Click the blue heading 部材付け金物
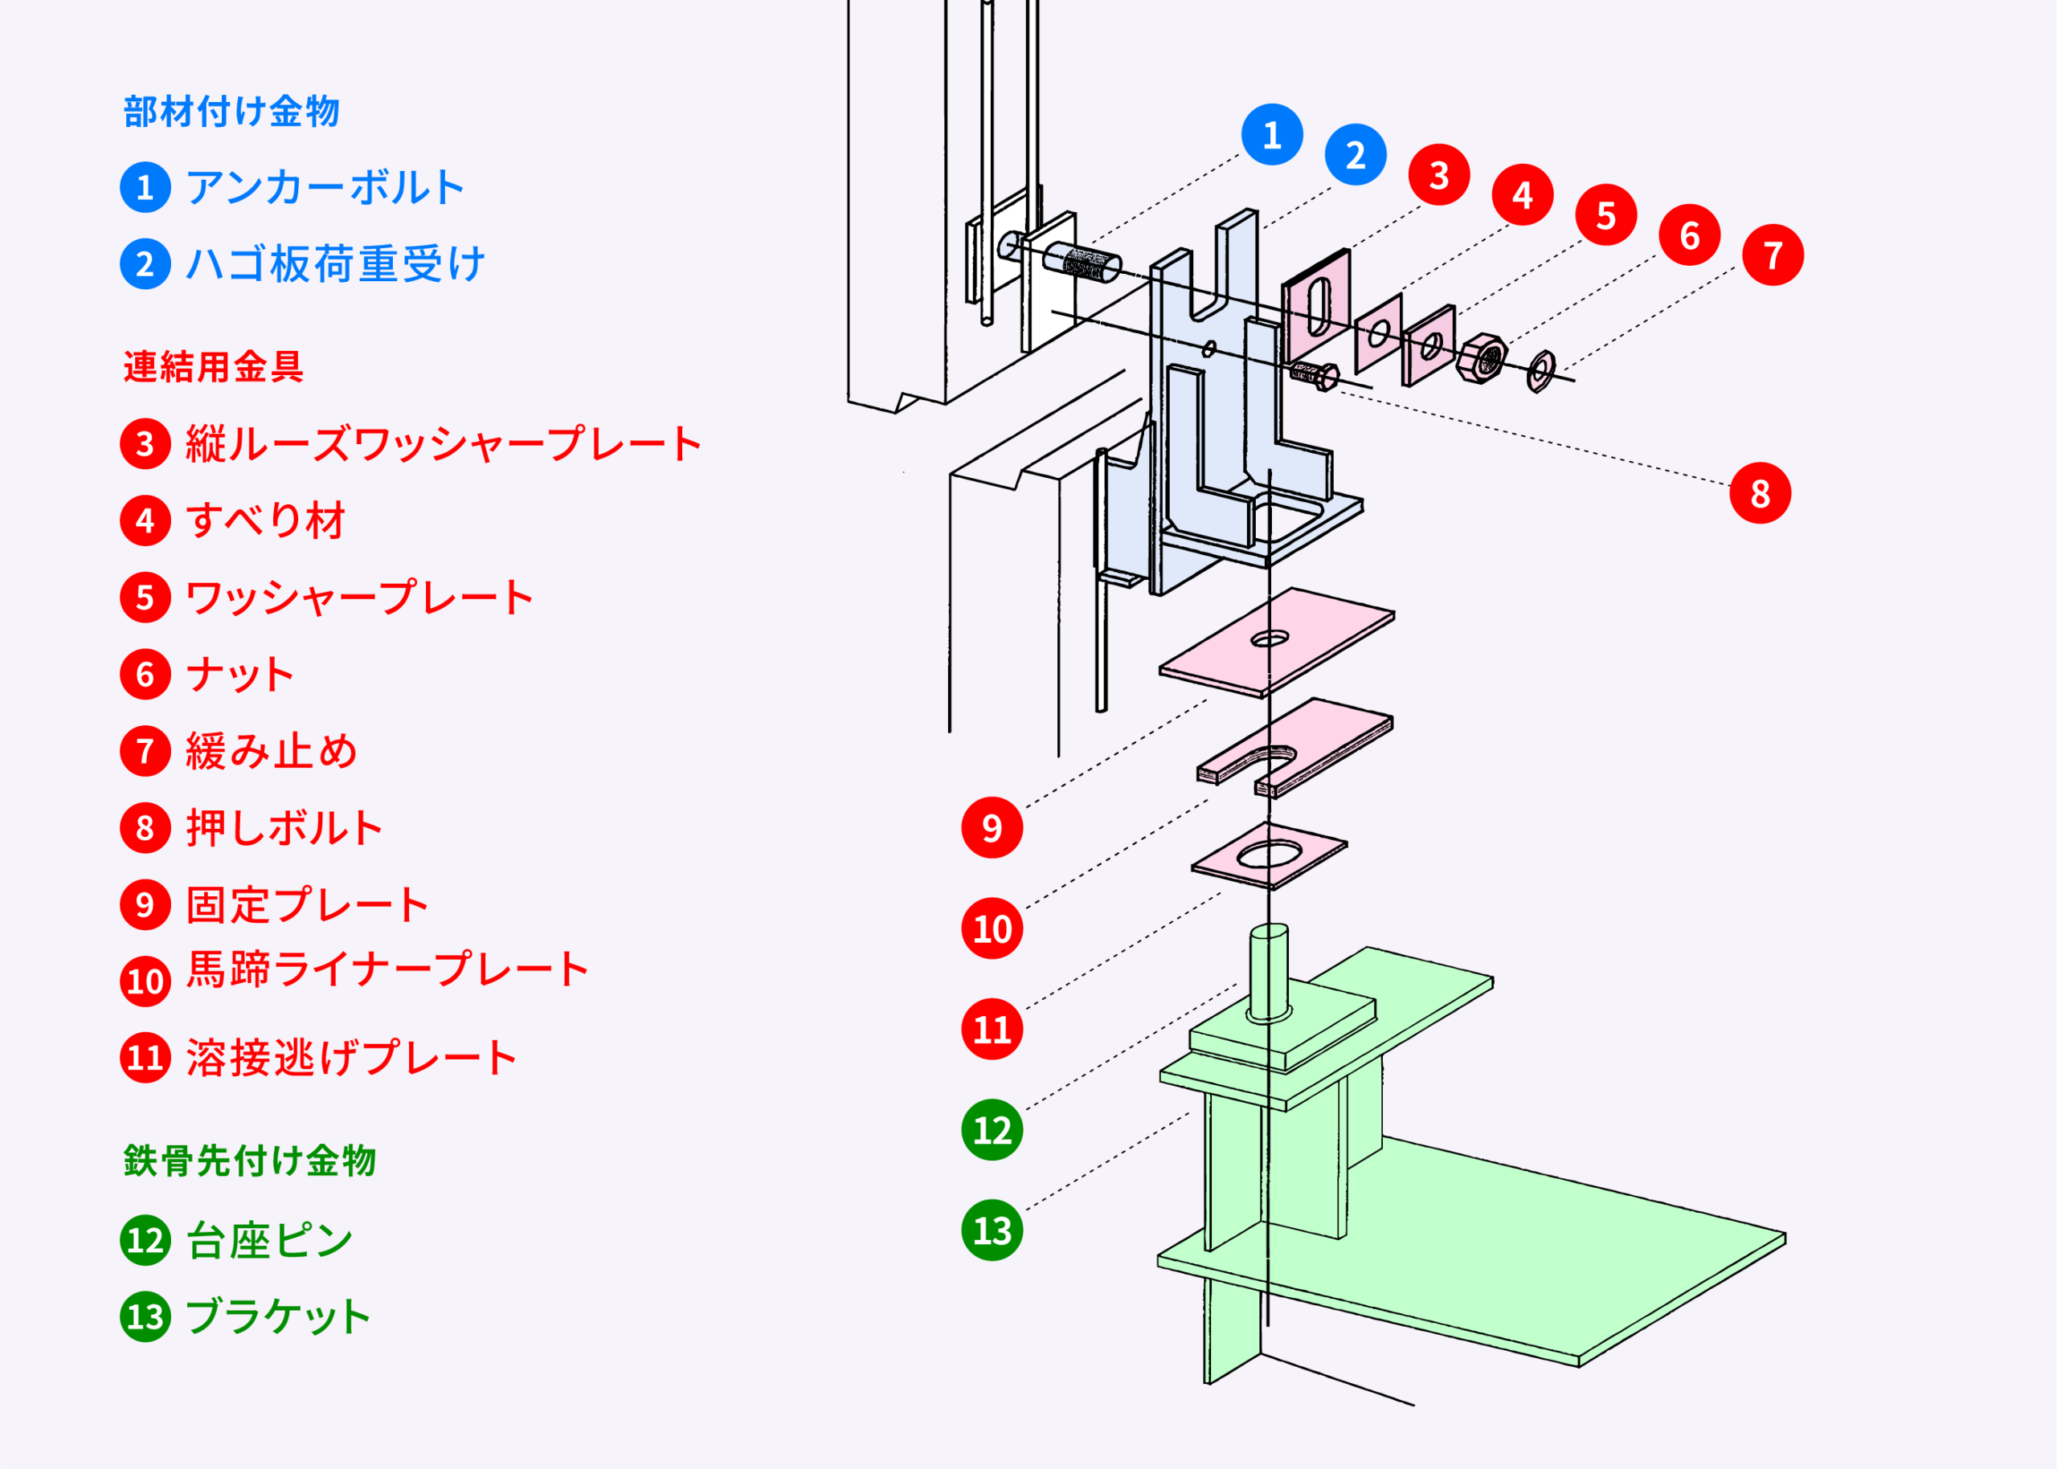click(x=231, y=112)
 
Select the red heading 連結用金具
click(x=214, y=367)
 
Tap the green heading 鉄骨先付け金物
click(x=250, y=1161)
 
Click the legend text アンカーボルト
click(x=325, y=188)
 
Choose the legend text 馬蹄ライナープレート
click(x=387, y=969)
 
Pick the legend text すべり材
click(x=265, y=521)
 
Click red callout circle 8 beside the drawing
click(x=1759, y=493)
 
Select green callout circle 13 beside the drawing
click(x=992, y=1230)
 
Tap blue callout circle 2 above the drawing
click(x=1355, y=155)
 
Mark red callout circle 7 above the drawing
click(x=1773, y=255)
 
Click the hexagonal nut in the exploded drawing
click(x=1482, y=358)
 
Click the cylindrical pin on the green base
click(x=1269, y=972)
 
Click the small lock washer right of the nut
click(x=1540, y=371)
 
